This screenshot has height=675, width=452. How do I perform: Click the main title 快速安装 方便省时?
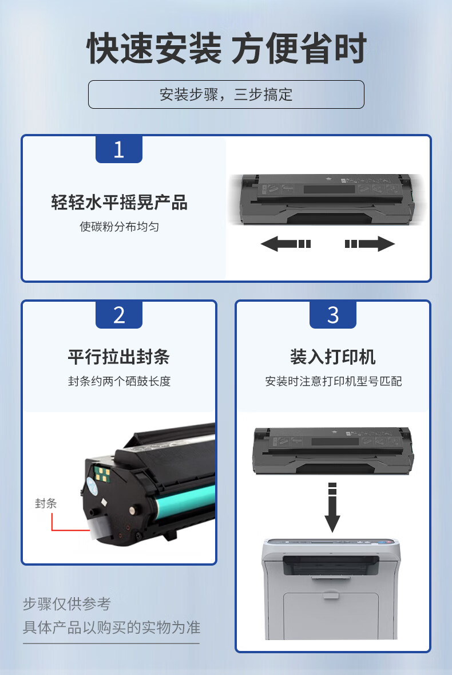coord(227,48)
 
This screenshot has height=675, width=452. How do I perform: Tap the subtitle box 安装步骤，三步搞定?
coord(226,94)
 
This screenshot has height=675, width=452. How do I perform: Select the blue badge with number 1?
coord(118,149)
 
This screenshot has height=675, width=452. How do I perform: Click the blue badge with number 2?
coord(118,315)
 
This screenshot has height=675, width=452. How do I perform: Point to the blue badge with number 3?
coord(333,315)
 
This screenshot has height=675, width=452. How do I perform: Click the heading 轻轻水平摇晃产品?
coord(119,202)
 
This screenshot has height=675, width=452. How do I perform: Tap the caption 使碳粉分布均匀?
coord(119,227)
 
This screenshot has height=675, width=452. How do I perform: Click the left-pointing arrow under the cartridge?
coord(286,244)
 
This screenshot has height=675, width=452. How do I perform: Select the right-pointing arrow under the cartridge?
coord(370,244)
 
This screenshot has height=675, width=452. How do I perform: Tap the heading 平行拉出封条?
coord(118,357)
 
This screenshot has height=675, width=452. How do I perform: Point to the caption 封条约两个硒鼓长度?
coord(119,381)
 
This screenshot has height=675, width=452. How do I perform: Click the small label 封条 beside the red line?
coord(46,503)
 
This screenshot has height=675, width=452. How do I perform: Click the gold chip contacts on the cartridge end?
coord(102,474)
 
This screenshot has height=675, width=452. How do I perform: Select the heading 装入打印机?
coord(333,357)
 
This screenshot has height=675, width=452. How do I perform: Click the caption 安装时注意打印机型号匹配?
coord(334,381)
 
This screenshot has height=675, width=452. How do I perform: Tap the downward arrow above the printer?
coord(332,507)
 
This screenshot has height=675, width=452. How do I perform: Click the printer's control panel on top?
coord(332,543)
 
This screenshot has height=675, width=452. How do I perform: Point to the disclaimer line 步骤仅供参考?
coord(67,603)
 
